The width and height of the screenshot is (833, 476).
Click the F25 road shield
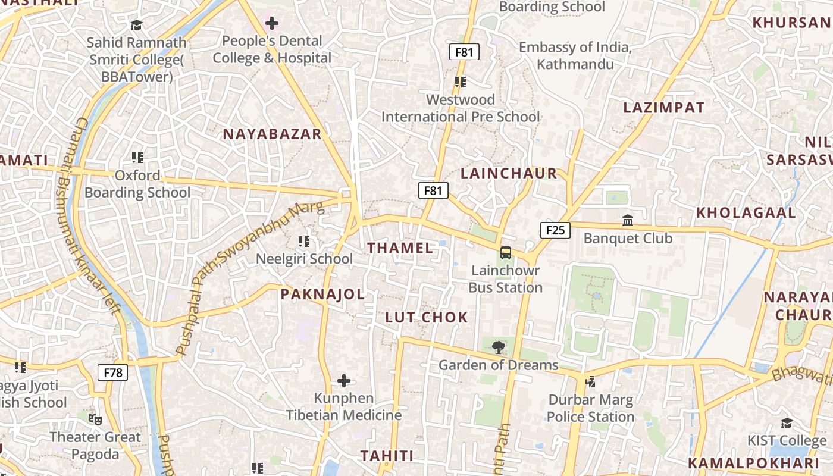(555, 230)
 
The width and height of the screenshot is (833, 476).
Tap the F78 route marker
(112, 372)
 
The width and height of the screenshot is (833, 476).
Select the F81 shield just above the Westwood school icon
(464, 52)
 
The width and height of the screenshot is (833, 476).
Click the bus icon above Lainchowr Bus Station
(505, 253)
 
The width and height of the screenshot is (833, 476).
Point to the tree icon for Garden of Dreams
(498, 347)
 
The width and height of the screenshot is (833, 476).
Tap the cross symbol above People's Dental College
(272, 23)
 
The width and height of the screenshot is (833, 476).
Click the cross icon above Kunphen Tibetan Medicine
(344, 381)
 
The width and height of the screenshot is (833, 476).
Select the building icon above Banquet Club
(627, 221)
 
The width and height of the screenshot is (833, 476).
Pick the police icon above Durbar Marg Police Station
(590, 382)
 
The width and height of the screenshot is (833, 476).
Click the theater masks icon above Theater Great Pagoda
(95, 419)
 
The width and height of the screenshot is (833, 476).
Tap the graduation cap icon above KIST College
(787, 423)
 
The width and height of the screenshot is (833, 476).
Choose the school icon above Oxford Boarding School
(137, 158)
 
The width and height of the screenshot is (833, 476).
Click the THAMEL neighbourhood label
(400, 248)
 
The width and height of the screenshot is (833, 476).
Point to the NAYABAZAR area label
(272, 134)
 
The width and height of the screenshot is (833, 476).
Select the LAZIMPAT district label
(663, 108)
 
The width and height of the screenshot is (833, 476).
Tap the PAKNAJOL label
(322, 294)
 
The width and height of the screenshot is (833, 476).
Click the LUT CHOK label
(427, 317)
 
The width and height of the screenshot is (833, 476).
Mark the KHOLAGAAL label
(746, 212)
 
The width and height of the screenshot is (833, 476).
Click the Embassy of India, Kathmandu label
(575, 55)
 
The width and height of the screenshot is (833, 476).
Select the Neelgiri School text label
(304, 259)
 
